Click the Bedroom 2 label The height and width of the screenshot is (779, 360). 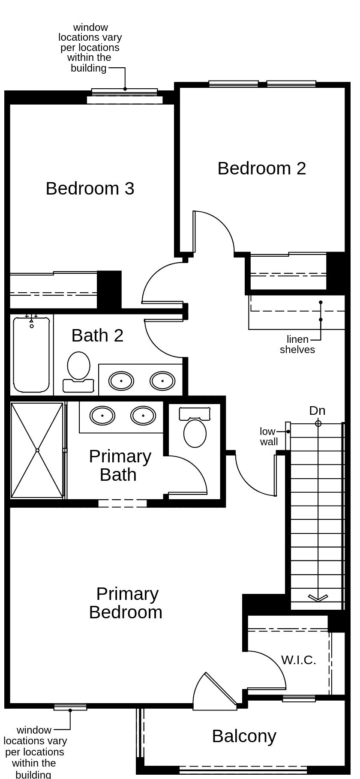(262, 168)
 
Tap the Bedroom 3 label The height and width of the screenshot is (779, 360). (90, 188)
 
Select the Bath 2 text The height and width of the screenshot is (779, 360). (97, 335)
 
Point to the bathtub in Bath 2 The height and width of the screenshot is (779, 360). (31, 355)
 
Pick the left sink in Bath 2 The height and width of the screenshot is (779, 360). (121, 380)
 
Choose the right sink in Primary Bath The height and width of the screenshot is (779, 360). (143, 415)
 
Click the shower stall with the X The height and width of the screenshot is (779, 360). (37, 450)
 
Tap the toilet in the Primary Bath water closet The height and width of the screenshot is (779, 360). (195, 428)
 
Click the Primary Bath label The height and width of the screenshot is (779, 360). (120, 465)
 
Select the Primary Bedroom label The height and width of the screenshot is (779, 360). (126, 603)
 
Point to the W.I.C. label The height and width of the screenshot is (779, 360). (299, 660)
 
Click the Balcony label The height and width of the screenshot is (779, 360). (244, 736)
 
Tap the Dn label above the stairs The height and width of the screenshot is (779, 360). (317, 410)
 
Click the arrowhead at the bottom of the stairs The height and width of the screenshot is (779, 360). (318, 598)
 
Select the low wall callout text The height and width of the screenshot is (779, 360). (269, 437)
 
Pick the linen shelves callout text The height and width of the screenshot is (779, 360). (297, 345)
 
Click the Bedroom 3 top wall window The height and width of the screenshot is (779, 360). (125, 92)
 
